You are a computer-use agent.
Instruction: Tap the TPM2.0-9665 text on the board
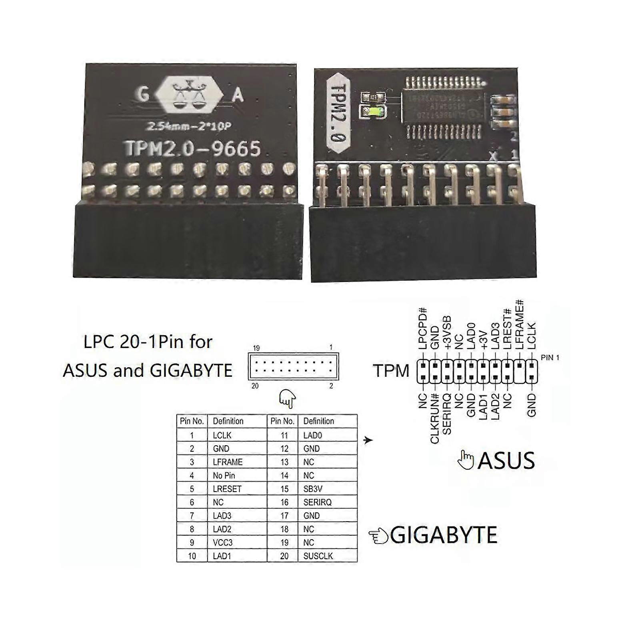pyautogui.click(x=193, y=148)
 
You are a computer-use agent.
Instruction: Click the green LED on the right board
pyautogui.click(x=373, y=112)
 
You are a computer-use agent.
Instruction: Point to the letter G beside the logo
pyautogui.click(x=143, y=94)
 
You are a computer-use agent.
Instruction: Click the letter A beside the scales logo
pyautogui.click(x=238, y=96)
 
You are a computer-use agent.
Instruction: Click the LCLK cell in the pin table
pyautogui.click(x=222, y=435)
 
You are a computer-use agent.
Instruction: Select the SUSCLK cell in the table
pyautogui.click(x=318, y=556)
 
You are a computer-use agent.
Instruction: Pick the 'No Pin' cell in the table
pyautogui.click(x=224, y=476)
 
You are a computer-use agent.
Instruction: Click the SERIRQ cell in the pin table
pyautogui.click(x=317, y=502)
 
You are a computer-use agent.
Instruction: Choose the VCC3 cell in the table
pyautogui.click(x=222, y=543)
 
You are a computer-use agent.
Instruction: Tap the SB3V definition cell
pyautogui.click(x=313, y=489)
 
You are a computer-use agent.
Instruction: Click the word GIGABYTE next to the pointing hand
pyautogui.click(x=443, y=535)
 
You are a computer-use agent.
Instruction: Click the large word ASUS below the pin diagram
pyautogui.click(x=506, y=460)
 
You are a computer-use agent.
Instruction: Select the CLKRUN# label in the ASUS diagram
pyautogui.click(x=435, y=418)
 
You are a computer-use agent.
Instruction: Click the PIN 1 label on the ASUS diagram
pyautogui.click(x=550, y=358)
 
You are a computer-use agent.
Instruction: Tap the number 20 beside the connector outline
pyautogui.click(x=255, y=386)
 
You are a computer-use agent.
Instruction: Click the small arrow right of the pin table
pyautogui.click(x=368, y=440)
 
